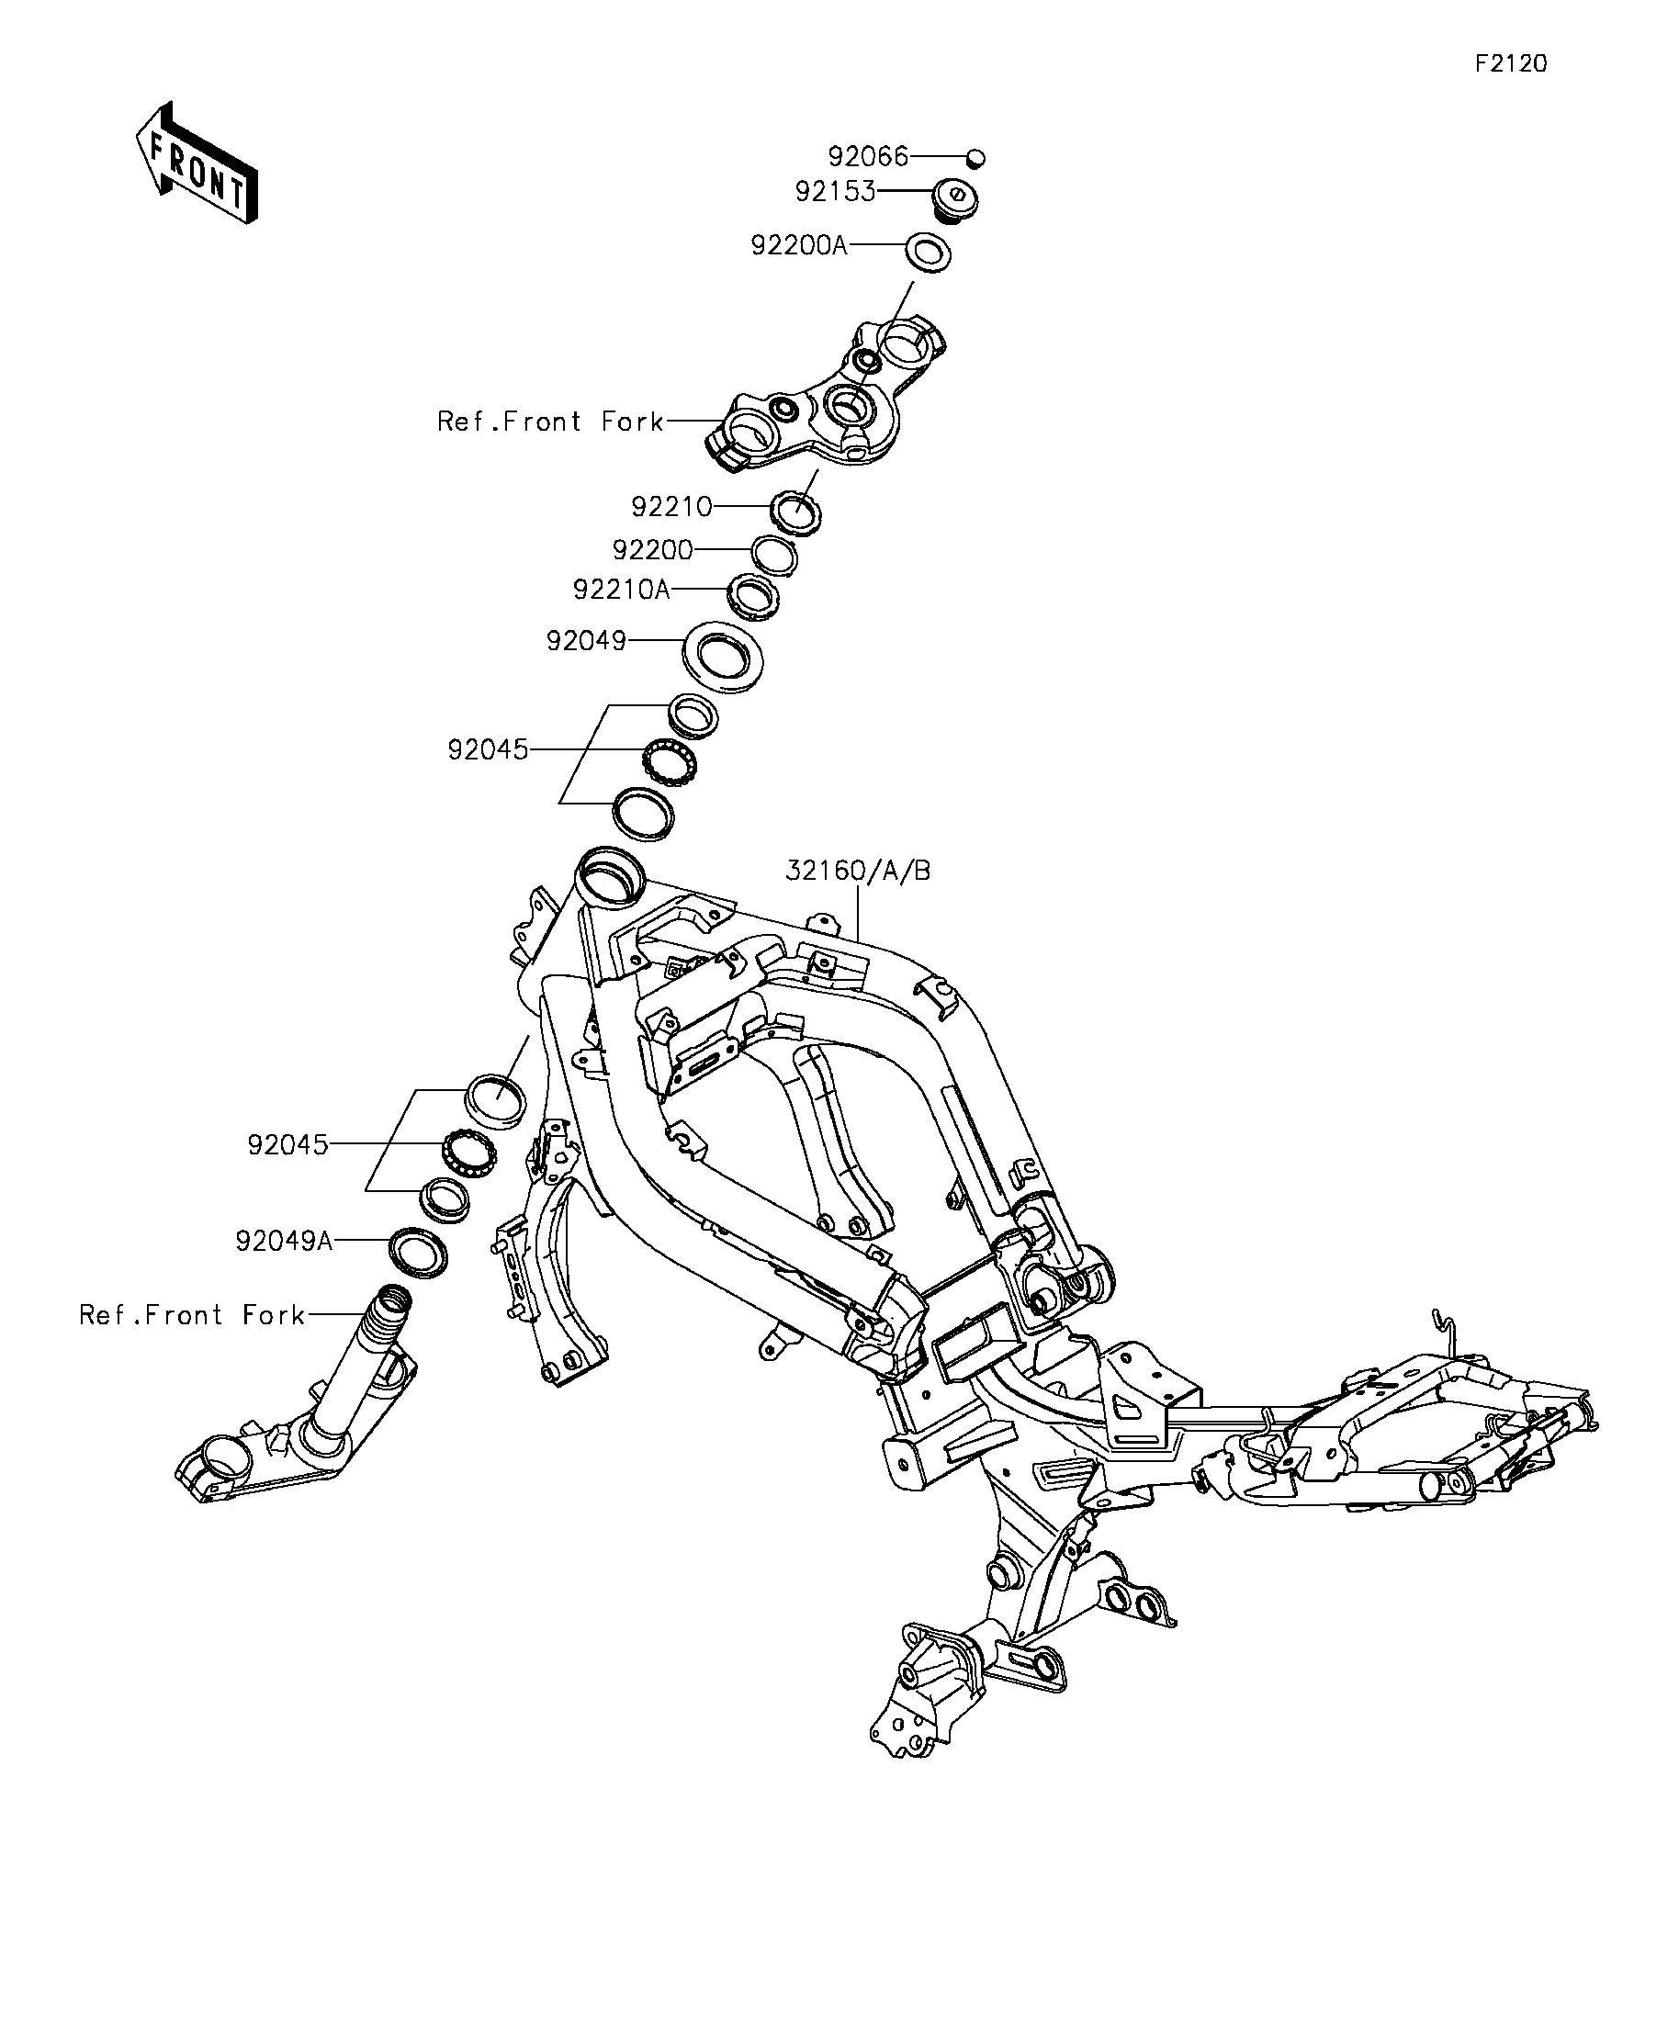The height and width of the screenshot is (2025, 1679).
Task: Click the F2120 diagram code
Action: [1511, 63]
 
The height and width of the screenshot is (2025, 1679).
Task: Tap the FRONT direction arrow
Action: [197, 162]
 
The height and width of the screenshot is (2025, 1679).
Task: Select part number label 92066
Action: [868, 156]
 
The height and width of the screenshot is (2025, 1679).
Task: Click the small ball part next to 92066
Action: [976, 157]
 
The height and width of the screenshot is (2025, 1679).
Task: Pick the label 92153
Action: [835, 192]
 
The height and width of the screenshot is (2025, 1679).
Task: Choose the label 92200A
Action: [799, 246]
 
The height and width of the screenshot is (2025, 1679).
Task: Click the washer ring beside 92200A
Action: [928, 253]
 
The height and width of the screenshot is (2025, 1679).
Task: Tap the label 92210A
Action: [621, 590]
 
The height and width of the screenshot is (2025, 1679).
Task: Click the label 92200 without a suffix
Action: [653, 549]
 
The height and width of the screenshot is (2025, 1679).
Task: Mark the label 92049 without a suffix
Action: [586, 640]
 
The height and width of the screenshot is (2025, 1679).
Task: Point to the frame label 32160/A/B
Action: [858, 871]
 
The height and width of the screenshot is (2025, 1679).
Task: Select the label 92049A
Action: [285, 1240]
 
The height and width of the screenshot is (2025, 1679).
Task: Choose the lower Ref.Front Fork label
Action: [192, 1314]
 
